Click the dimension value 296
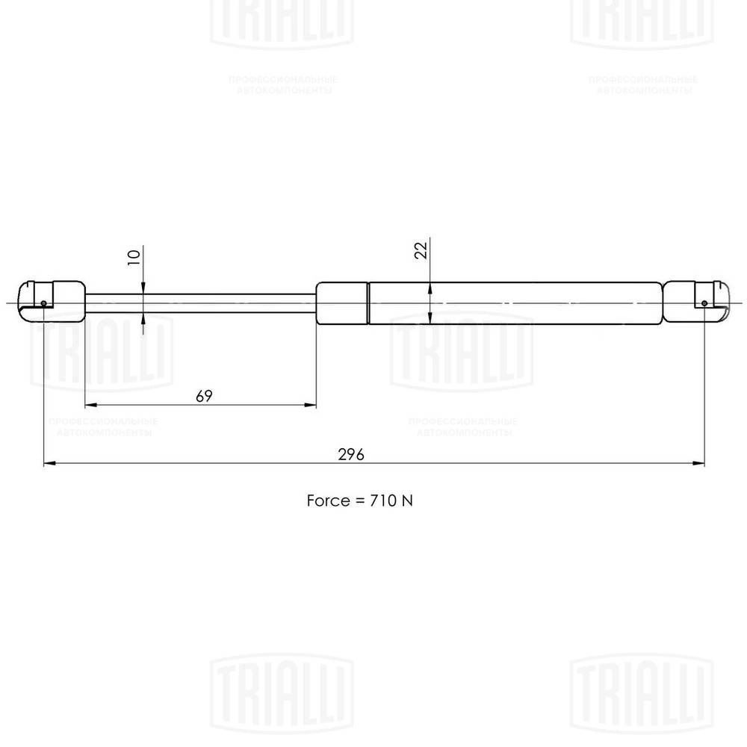(x=350, y=454)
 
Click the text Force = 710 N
(x=359, y=500)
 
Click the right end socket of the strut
(x=695, y=300)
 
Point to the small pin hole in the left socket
(x=44, y=304)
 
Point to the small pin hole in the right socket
(x=704, y=303)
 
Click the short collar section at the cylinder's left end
(x=342, y=303)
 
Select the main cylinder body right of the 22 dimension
(x=545, y=303)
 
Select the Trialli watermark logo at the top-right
(x=642, y=22)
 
